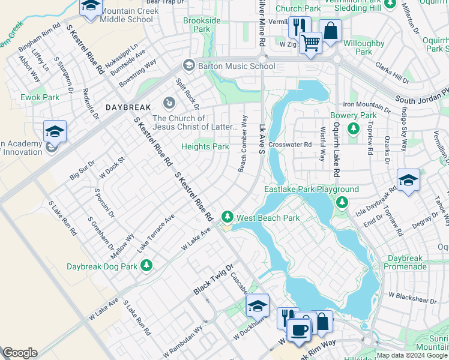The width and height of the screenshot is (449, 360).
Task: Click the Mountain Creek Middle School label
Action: tap(127, 16)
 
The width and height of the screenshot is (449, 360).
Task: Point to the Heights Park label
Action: tap(205, 146)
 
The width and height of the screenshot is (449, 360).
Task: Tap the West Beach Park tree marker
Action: tap(228, 217)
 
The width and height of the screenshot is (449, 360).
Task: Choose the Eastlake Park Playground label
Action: tap(312, 190)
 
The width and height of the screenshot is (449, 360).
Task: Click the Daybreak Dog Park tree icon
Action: tap(145, 265)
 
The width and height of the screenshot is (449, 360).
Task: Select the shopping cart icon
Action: tap(310, 43)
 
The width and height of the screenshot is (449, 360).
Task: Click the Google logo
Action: tap(20, 353)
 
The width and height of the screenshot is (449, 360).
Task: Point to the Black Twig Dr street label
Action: tap(212, 280)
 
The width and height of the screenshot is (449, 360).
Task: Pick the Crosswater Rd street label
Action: tap(291, 145)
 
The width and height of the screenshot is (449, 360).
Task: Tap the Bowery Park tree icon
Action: tap(354, 128)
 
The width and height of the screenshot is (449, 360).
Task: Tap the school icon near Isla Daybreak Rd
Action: tap(408, 179)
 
